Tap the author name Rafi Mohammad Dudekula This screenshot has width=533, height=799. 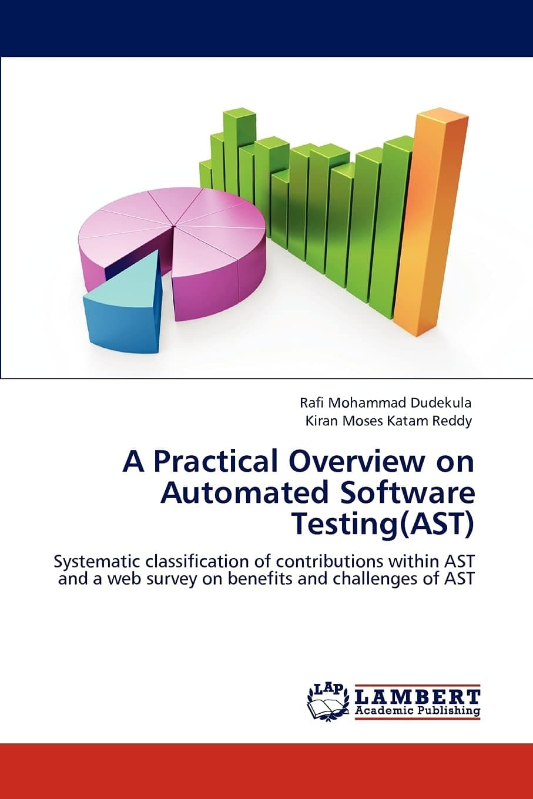pos(385,403)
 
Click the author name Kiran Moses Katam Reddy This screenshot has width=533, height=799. pos(388,421)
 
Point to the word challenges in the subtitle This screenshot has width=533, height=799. pos(384,579)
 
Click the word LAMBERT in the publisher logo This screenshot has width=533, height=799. pos(418,697)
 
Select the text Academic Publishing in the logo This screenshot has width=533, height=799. pos(418,711)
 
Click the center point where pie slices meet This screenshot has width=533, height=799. pos(175,224)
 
